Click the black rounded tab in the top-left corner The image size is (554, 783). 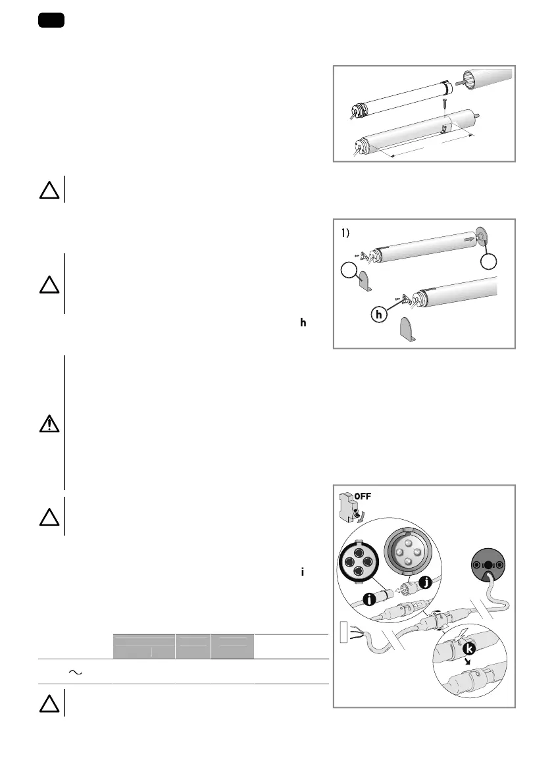point(50,20)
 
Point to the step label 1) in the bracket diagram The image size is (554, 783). point(348,233)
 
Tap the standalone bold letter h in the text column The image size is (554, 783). point(303,322)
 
